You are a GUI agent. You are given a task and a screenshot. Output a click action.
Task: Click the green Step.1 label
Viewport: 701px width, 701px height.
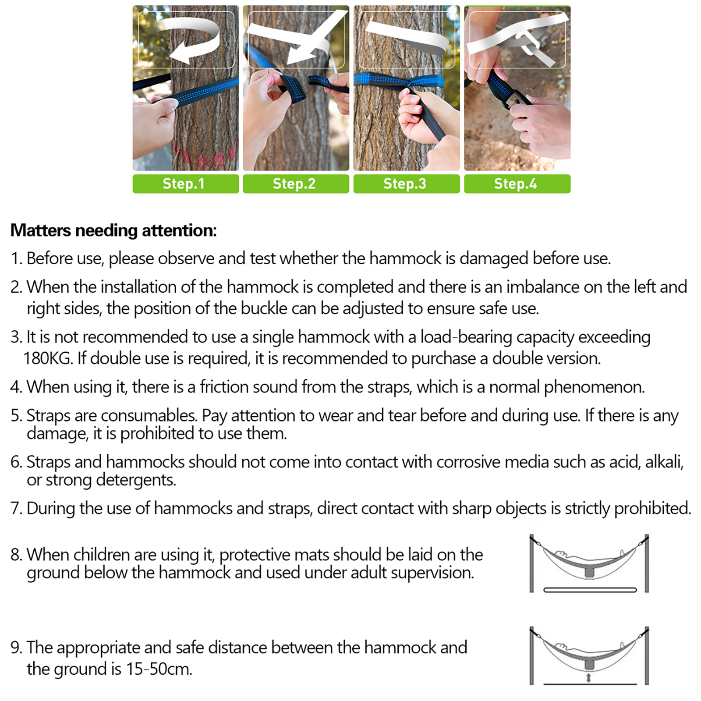pos(186,184)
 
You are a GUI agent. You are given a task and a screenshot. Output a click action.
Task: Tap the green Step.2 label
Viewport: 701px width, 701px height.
pos(296,184)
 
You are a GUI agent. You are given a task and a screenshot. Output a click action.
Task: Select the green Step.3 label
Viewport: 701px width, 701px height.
pos(407,184)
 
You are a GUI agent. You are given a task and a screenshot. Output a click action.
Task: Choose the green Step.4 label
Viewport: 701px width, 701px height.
pos(517,184)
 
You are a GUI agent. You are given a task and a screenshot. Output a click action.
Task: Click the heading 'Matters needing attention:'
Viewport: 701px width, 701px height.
pos(113,230)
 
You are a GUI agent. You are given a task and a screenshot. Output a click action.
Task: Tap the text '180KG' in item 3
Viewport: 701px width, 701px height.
pos(47,358)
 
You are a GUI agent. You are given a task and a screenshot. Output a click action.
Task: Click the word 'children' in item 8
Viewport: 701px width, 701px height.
pos(101,555)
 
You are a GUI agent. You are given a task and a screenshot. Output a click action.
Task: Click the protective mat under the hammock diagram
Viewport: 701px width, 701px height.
pos(590,590)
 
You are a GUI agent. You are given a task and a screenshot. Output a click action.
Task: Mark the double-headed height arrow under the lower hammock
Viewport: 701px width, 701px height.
pos(589,678)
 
